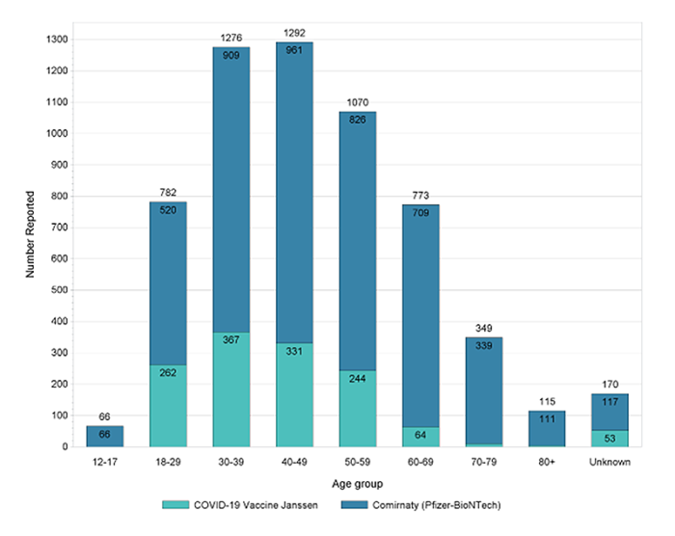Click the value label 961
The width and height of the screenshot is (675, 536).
click(294, 50)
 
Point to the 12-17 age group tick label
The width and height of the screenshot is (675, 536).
click(104, 462)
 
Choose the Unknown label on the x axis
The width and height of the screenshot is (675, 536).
click(610, 462)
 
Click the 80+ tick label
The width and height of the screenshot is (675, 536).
click(547, 462)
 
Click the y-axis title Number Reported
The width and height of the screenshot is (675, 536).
click(29, 243)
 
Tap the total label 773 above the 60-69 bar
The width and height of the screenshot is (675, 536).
click(420, 197)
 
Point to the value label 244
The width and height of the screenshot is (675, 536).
click(357, 380)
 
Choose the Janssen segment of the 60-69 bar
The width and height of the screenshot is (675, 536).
click(420, 437)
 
